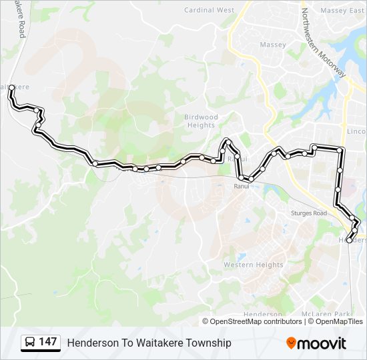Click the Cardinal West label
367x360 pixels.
[209, 11]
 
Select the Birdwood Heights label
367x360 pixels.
[201, 121]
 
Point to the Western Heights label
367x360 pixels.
[253, 265]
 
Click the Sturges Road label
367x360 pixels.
[310, 213]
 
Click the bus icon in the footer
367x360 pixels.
[30, 343]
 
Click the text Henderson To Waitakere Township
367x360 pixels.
[149, 343]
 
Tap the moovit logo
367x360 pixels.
[316, 343]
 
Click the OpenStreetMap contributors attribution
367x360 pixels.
[256, 321]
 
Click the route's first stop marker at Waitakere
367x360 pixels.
[12, 87]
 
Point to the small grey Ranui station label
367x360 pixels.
[241, 187]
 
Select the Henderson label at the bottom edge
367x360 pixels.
[263, 314]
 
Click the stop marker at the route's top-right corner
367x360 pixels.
[341, 150]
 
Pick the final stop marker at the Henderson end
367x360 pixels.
[349, 240]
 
